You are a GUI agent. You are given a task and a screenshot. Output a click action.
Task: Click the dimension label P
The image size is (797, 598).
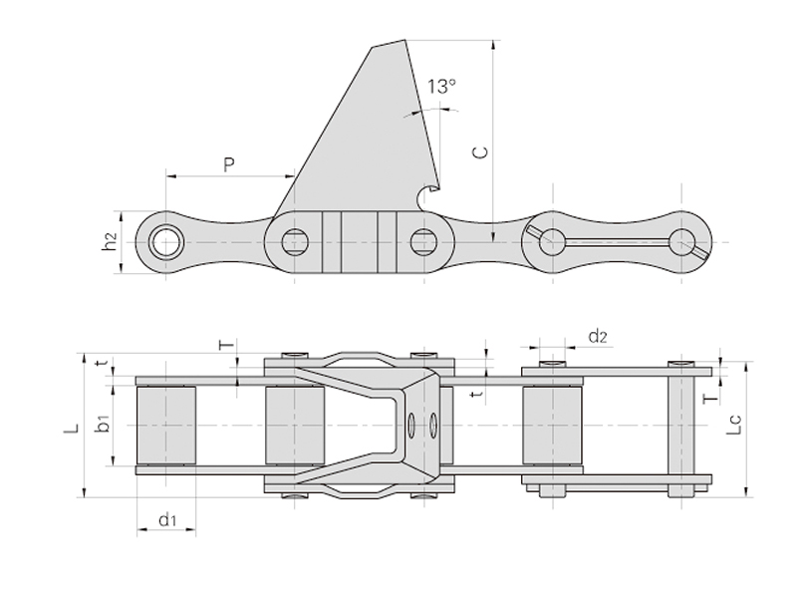pos(229,163)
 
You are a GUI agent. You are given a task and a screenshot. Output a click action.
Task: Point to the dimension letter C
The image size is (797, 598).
pos(479,152)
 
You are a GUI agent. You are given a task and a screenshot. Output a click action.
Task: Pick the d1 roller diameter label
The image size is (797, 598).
pos(167,518)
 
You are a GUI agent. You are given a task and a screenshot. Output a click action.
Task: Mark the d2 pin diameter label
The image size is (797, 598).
pos(597,337)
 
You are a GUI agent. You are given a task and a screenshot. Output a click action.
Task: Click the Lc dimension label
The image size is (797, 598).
pos(733,428)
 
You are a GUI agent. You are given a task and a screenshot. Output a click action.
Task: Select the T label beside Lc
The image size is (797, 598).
pos(709,398)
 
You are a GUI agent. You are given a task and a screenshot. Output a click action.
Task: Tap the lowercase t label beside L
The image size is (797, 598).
pos(99,365)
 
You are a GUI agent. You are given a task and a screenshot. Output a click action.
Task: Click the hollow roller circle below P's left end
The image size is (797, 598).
pos(165,240)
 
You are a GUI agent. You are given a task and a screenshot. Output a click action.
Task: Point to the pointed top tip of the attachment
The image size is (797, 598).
pos(406,41)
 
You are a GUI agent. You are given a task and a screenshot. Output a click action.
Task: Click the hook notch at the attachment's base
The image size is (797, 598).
pos(428,193)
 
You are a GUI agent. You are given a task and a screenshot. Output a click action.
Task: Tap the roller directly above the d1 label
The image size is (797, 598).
pos(166,424)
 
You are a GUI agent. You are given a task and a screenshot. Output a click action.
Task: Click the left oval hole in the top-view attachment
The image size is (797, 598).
pos(411,426)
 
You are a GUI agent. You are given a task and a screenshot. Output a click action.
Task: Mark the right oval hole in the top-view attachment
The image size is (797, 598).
pos(434,426)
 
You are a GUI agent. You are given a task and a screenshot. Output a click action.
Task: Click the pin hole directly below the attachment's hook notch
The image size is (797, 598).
pos(423,240)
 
